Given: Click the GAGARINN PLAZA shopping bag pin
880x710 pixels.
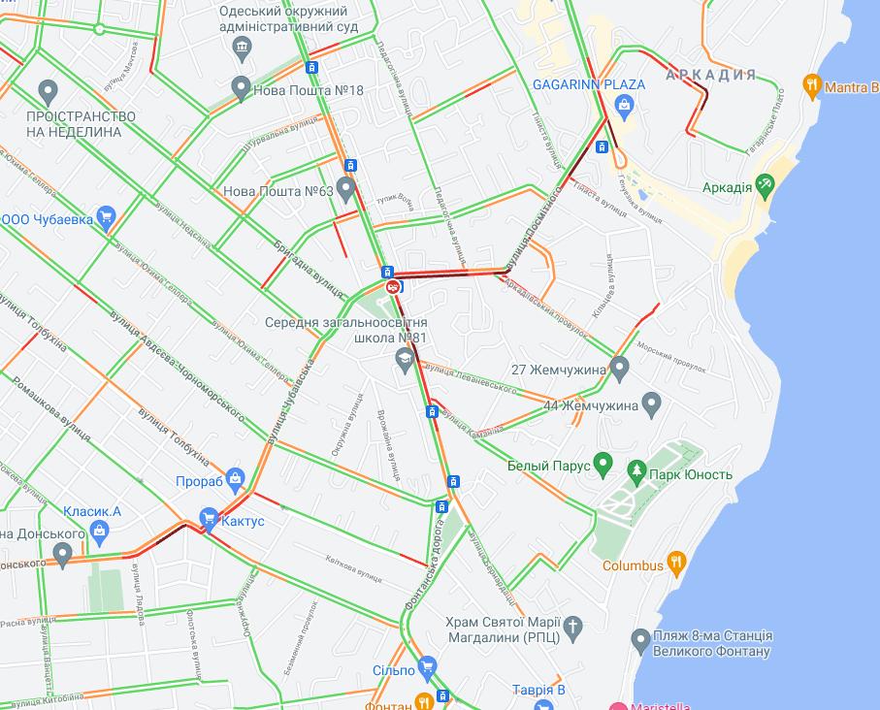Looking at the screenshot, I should point(625,104).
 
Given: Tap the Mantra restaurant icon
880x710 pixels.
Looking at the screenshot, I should point(812,86).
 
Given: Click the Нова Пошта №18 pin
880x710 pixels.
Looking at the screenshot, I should point(242,88).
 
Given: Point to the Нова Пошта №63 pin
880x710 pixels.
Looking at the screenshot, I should point(346,189).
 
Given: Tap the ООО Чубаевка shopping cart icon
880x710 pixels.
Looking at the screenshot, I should point(107,217).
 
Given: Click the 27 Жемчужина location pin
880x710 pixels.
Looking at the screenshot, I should point(620,368).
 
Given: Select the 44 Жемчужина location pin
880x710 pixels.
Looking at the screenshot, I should point(651,403).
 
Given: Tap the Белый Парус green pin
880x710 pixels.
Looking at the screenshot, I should point(603,465).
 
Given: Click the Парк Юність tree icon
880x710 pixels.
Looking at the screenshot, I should point(636,472).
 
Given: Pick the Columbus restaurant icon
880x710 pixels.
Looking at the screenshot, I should point(677,563).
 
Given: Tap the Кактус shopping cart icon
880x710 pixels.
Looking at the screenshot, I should point(208,520).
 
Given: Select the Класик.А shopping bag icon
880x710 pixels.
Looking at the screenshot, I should point(99,530).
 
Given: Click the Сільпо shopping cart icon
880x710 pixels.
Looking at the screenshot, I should point(427,668).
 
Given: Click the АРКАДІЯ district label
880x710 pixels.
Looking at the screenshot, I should point(711,75).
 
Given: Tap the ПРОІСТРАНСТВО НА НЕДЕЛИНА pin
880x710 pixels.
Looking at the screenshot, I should point(48,92).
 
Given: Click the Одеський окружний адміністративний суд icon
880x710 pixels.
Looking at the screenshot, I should point(243,47).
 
